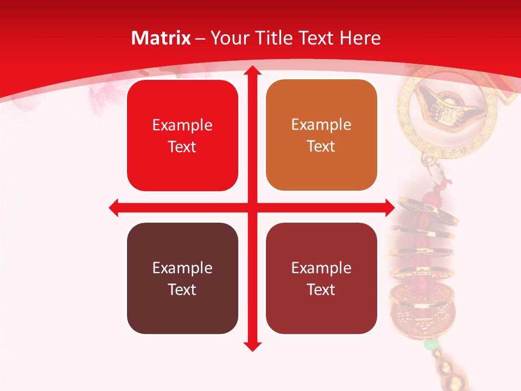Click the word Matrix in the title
[161, 38]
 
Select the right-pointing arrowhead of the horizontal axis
[389, 207]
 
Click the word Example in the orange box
[321, 124]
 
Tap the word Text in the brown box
[182, 289]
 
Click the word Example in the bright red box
[182, 125]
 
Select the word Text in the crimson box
[321, 289]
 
